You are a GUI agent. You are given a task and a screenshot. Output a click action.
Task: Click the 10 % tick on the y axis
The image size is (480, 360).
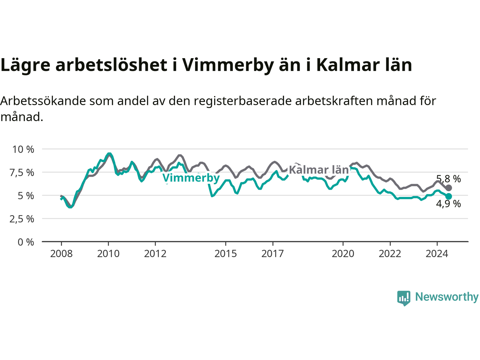tap(23, 150)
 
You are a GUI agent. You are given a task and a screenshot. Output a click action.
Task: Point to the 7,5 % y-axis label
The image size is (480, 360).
tap(22, 173)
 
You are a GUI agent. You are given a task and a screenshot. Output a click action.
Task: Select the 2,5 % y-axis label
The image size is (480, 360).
tap(22, 219)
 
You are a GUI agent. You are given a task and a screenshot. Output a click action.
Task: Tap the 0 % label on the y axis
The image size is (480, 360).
tap(26, 242)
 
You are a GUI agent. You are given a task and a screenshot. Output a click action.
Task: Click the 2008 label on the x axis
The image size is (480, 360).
tap(61, 254)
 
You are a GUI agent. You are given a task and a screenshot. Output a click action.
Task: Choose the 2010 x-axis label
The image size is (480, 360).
tap(108, 254)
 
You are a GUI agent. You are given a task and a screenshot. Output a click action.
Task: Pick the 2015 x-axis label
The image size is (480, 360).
tap(226, 254)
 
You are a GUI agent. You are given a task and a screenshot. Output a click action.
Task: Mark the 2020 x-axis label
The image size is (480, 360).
tap(343, 254)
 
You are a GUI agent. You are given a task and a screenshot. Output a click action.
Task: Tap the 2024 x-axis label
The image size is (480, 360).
tap(437, 254)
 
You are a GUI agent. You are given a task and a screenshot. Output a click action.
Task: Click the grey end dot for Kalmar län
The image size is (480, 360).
tap(448, 188)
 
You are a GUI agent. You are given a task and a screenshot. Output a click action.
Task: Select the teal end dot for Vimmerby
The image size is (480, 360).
tap(448, 196)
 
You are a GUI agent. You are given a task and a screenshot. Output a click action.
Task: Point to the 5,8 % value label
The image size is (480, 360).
tap(448, 179)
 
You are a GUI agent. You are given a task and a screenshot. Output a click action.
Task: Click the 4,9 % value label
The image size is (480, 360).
tap(448, 204)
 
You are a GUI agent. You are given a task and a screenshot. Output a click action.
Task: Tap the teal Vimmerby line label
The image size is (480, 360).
tap(191, 178)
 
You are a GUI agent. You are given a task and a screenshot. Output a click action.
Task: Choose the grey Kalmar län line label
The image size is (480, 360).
tap(319, 170)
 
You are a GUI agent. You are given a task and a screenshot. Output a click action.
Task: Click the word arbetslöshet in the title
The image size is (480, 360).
tap(111, 65)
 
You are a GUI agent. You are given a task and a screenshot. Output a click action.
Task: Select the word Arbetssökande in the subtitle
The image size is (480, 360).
tap(43, 101)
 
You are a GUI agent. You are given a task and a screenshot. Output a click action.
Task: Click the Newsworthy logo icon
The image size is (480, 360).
tap(403, 298)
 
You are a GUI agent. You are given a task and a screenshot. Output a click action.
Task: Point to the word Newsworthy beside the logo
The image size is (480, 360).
tap(447, 297)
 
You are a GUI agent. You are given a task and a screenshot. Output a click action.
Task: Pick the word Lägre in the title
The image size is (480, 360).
tap(25, 66)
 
